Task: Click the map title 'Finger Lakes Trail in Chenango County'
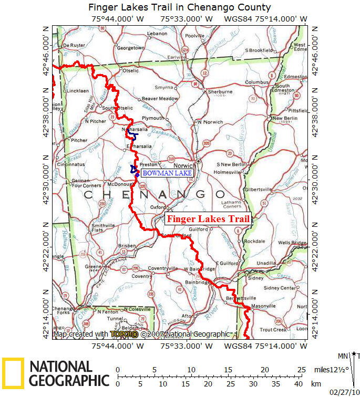pos(180,7)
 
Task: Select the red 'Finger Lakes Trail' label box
pos(208,220)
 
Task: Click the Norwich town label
pos(188,165)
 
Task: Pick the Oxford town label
pos(158,207)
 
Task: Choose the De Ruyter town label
pos(74,46)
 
